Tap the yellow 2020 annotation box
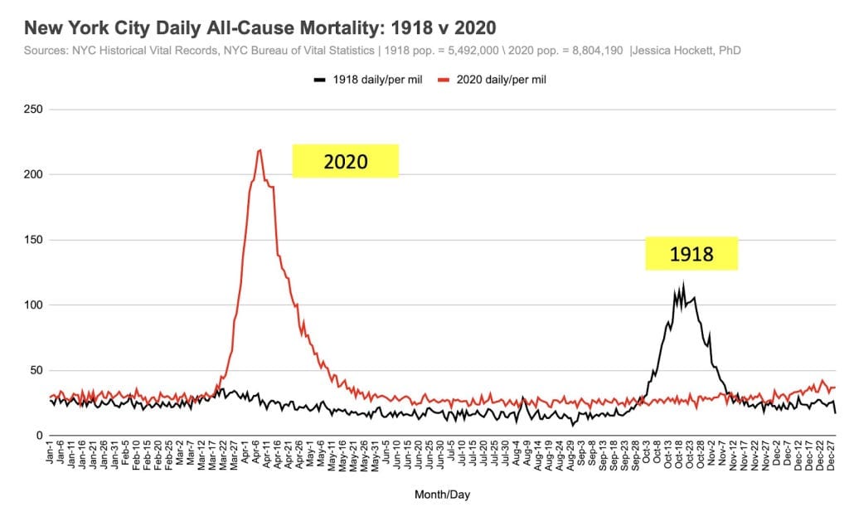(345, 161)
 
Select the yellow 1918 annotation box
(691, 253)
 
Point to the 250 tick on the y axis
(33, 110)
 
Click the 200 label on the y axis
(33, 175)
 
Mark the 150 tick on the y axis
(33, 240)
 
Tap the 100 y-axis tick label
(33, 305)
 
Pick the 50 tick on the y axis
(36, 370)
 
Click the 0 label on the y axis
(39, 436)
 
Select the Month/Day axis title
(442, 494)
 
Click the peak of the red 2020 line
(260, 150)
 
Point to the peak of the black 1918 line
(683, 285)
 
